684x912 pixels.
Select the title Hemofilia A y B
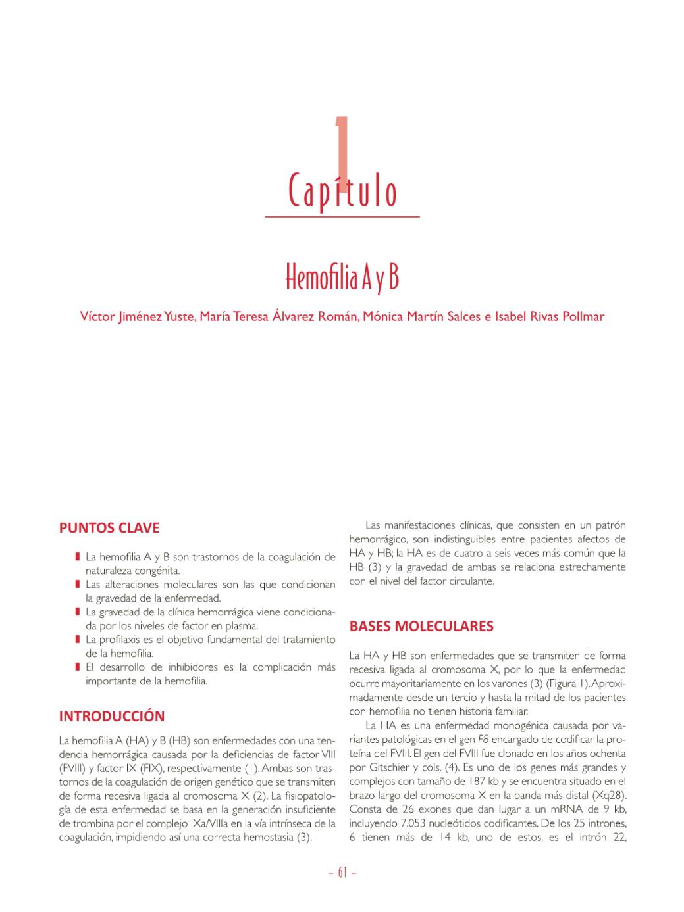point(342,279)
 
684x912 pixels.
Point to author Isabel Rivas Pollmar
point(550,316)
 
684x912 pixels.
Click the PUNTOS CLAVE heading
point(109,528)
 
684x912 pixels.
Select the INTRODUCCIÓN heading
point(112,716)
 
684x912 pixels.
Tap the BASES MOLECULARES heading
point(421,626)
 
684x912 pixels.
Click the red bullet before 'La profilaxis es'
point(78,639)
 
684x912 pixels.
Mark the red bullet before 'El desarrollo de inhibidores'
point(78,667)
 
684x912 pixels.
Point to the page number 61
point(342,873)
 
